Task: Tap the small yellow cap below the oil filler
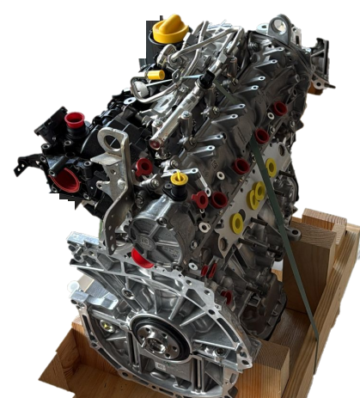156,75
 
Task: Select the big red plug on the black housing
67,180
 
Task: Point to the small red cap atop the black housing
74,119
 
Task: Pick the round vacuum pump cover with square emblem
156,236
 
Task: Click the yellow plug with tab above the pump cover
179,179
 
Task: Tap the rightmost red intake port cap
280,109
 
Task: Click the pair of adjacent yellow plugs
257,193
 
